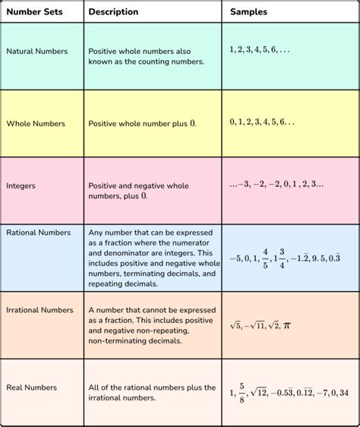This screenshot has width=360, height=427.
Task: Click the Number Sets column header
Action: (33, 12)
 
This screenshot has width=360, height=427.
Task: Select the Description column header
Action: (113, 12)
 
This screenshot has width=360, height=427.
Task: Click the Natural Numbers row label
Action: (37, 51)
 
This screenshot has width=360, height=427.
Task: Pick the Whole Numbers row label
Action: (35, 122)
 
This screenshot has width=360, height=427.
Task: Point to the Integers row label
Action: (22, 185)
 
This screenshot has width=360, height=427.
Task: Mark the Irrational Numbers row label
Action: (40, 310)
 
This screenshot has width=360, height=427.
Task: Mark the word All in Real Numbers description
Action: (95, 387)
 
